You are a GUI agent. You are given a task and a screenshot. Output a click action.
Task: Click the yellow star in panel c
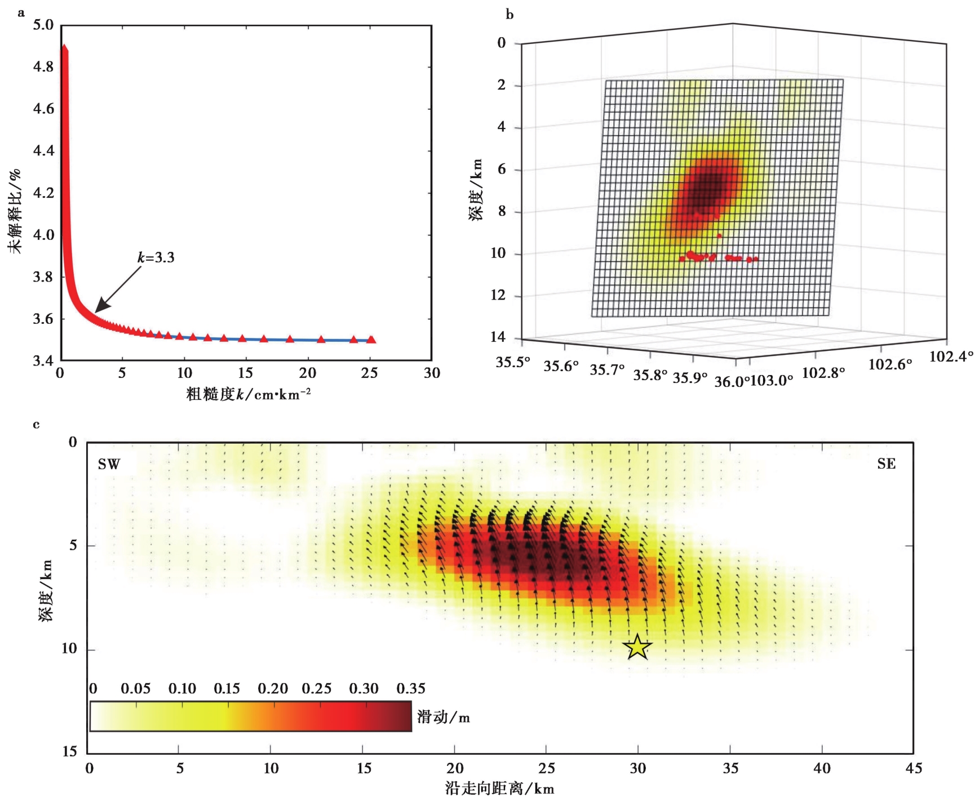[637, 647]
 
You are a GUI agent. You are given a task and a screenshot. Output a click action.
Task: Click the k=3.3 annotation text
[156, 258]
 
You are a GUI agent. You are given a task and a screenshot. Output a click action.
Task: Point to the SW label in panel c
[109, 464]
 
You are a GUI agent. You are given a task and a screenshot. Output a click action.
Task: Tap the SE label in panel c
[886, 464]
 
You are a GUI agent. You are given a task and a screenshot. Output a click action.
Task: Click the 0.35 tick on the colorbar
[411, 688]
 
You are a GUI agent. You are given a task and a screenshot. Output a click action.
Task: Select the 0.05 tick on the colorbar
[135, 688]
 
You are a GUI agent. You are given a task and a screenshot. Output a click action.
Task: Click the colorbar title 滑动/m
[443, 717]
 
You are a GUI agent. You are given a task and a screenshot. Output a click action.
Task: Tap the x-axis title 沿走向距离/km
[499, 788]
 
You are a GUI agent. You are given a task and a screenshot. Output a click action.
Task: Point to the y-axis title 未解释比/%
[15, 211]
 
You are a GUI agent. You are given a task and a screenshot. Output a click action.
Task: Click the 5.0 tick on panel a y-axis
[43, 25]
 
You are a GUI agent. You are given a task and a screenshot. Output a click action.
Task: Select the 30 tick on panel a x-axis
[432, 373]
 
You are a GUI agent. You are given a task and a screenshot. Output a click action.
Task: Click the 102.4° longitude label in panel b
[951, 356]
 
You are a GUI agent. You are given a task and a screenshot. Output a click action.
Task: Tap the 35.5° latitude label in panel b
[513, 362]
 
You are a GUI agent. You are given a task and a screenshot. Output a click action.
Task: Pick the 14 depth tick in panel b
[498, 337]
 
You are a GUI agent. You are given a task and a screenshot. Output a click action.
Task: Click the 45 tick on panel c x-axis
[913, 768]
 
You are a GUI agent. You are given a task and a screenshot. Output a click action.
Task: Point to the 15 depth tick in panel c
[69, 751]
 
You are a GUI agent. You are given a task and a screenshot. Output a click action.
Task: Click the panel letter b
[510, 15]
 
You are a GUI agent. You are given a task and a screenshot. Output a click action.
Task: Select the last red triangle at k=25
[371, 340]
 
